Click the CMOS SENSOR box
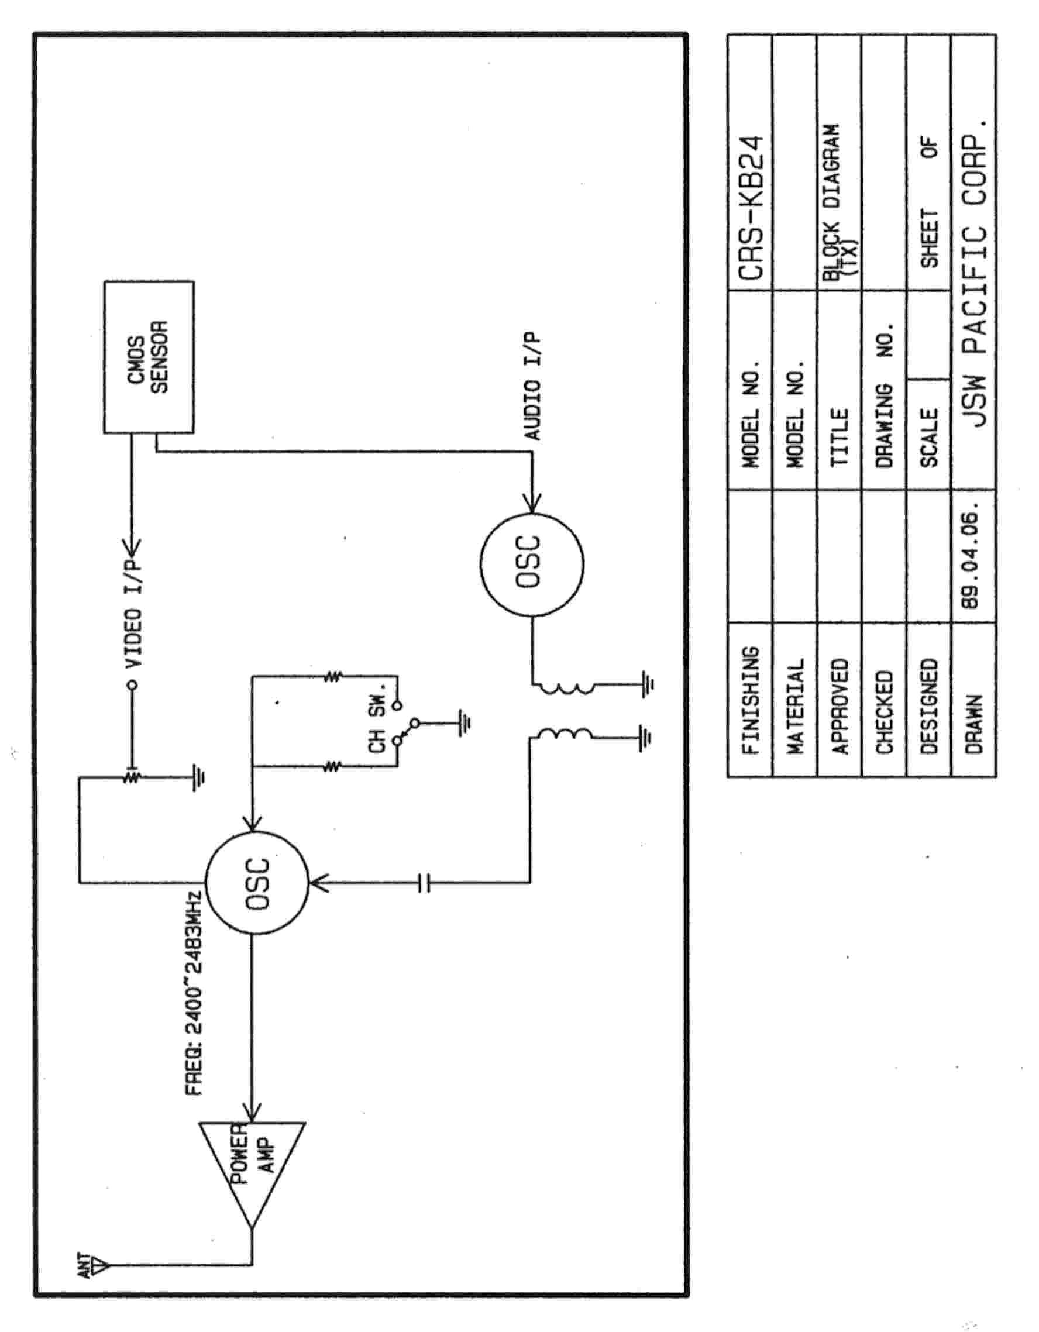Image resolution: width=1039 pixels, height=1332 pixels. coord(148,357)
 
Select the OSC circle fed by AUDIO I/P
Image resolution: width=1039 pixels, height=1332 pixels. coord(531,562)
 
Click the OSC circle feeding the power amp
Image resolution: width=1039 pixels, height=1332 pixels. coord(257,883)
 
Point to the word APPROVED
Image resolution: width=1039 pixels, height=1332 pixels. coord(840,705)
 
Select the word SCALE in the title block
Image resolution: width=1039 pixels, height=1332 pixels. coord(928,438)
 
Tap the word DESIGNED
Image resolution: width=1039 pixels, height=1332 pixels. coord(928,705)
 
